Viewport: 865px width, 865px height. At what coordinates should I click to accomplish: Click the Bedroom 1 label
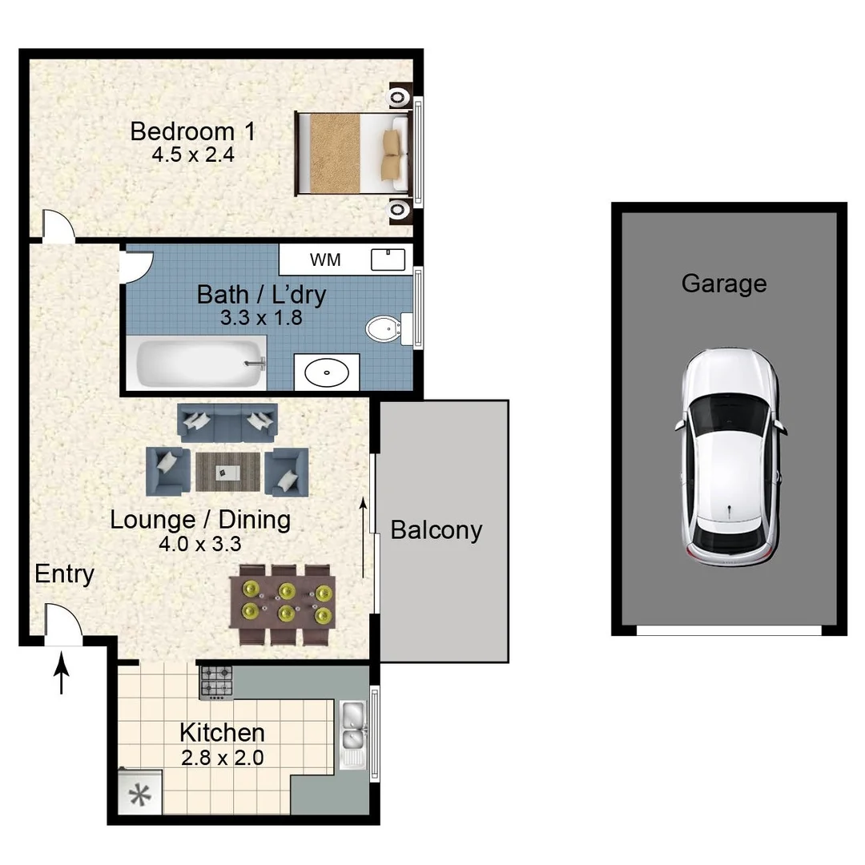192,131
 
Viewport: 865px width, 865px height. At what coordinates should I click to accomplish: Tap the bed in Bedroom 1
353,154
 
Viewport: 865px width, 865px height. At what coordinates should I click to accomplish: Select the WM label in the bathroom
325,259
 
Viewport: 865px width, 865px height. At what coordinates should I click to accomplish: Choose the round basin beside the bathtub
328,372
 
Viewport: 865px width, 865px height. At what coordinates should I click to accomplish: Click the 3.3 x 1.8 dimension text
261,317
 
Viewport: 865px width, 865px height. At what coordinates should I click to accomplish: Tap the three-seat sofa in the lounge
227,422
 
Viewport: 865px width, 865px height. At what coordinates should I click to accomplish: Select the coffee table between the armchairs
228,472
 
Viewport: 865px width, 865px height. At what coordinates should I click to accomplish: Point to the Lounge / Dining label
200,520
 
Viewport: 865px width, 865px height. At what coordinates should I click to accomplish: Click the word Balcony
437,530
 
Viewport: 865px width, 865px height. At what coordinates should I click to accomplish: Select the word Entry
64,573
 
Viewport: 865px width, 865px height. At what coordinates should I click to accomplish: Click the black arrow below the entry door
62,676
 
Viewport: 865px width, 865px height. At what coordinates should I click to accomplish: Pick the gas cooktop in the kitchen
216,682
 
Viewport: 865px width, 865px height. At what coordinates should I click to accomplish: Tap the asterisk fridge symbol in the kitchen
140,796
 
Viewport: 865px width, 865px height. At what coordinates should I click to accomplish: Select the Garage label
723,284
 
